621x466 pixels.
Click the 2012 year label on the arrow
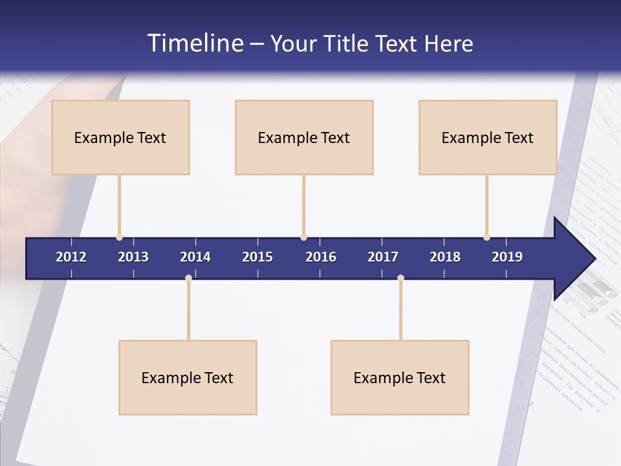[71, 257]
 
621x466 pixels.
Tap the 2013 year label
[133, 257]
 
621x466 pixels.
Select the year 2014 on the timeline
[195, 257]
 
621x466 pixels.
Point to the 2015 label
[257, 257]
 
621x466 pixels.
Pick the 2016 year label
[321, 257]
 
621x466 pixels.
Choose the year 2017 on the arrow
[383, 257]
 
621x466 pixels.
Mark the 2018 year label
[445, 257]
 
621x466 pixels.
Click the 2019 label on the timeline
[507, 257]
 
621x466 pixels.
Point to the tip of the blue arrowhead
[594, 259]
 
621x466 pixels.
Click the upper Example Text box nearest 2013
[120, 137]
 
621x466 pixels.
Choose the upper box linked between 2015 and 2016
[304, 137]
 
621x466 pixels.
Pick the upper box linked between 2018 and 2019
[488, 137]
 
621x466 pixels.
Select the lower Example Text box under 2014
[188, 377]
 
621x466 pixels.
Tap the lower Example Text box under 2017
[400, 377]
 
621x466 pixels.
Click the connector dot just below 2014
[188, 278]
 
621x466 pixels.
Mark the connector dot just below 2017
[400, 278]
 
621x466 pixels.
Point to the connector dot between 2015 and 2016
[303, 238]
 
